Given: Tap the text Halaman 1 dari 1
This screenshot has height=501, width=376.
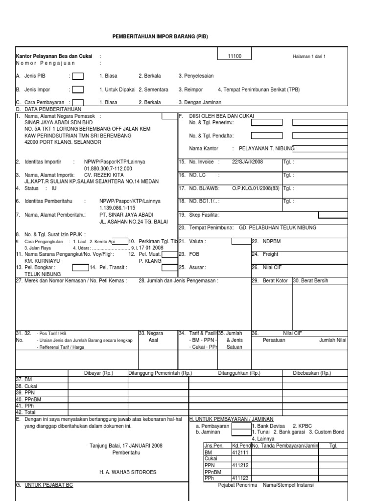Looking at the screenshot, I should (x=309, y=57).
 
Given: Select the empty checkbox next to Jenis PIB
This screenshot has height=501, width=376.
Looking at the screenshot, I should (x=77, y=76).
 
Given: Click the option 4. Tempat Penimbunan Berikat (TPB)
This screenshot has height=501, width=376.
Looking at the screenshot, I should (x=258, y=90).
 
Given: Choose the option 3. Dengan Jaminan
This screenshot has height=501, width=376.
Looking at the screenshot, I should (x=200, y=102).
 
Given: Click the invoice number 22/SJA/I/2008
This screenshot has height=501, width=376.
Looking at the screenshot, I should (x=248, y=161).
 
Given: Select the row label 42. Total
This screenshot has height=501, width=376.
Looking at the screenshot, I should (x=27, y=412).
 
